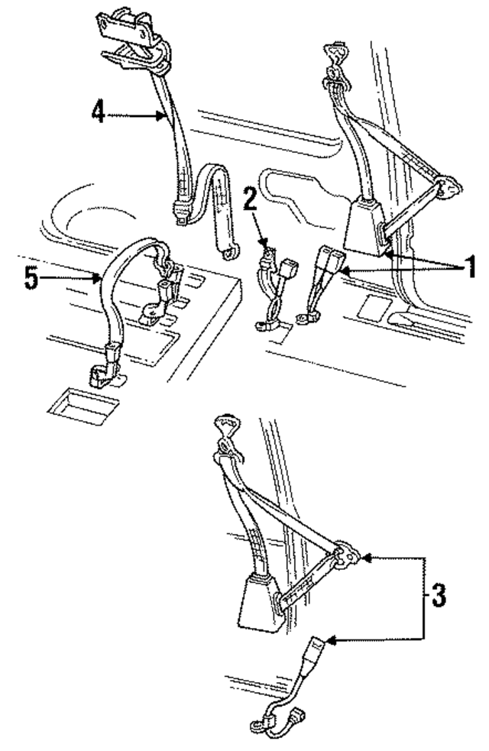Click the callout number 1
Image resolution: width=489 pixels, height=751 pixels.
coord(471,267)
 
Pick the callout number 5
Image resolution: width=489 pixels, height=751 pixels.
coord(31,278)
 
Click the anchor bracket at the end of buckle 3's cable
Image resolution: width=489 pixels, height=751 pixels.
coord(261,722)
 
